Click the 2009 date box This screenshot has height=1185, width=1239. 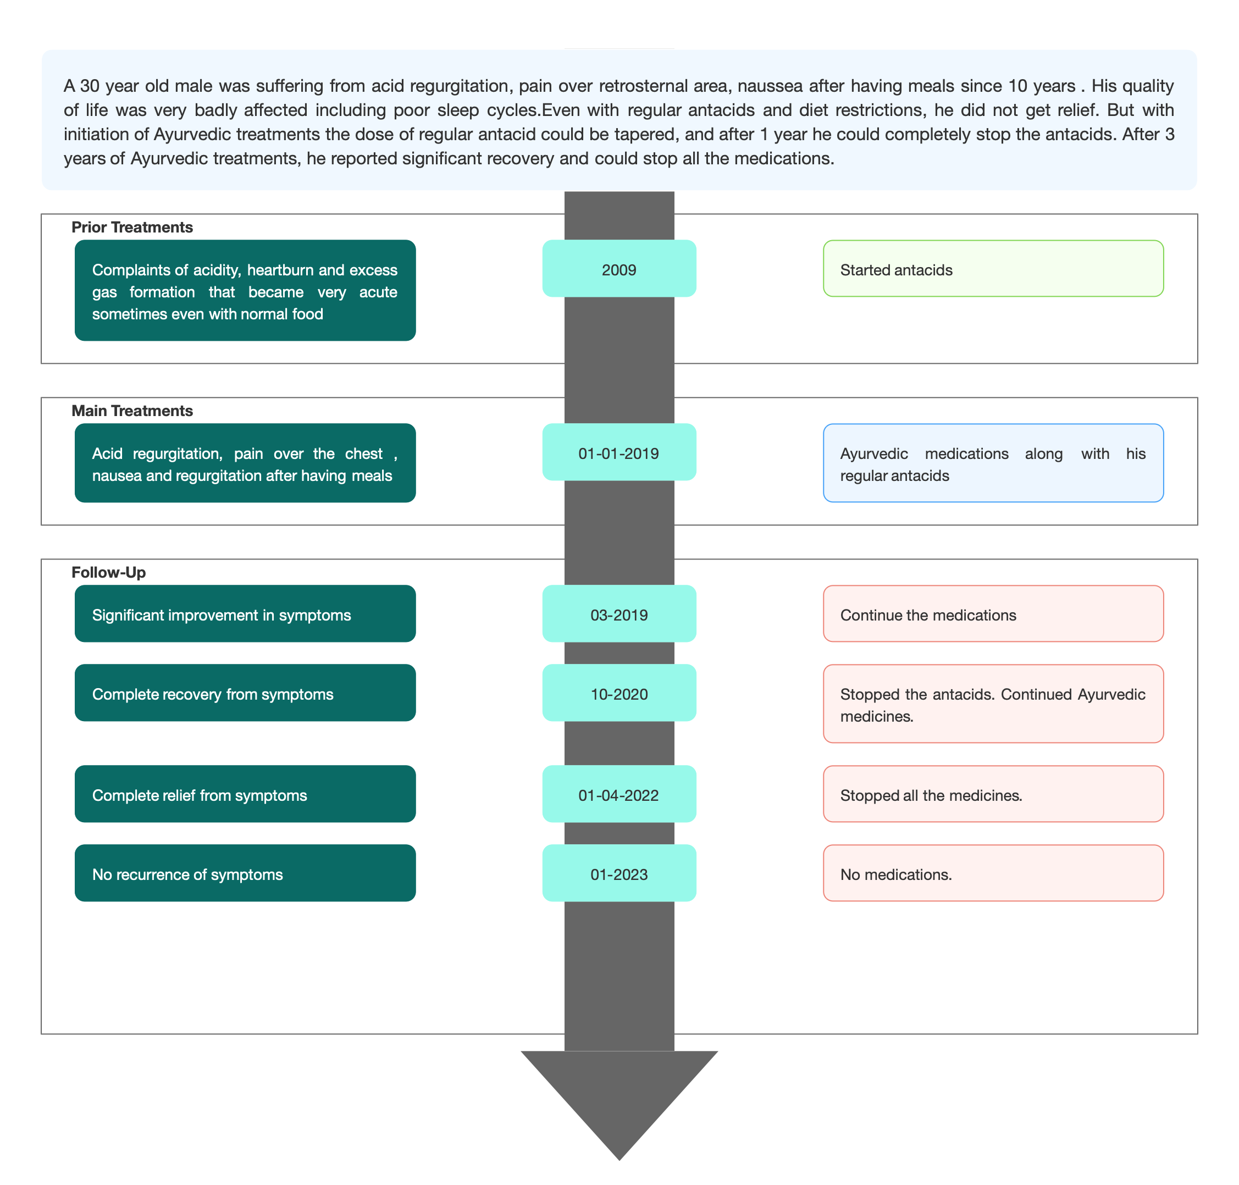click(618, 268)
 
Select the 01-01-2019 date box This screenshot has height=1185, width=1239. click(618, 452)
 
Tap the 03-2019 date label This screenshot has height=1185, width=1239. click(618, 615)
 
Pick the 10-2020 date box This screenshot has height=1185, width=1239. click(618, 693)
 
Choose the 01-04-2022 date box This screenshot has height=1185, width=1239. click(618, 794)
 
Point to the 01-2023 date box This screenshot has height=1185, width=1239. click(618, 873)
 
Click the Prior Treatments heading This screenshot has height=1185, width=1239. click(132, 228)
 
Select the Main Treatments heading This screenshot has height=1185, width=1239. click(132, 411)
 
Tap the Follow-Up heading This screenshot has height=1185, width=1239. click(109, 573)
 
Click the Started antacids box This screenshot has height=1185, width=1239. click(993, 268)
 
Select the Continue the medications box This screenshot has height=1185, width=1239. click(993, 614)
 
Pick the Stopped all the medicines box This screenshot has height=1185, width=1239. click(993, 794)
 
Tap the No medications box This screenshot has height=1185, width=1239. click(993, 873)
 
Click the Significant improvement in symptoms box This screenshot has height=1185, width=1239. click(245, 614)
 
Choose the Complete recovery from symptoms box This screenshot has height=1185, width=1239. click(245, 693)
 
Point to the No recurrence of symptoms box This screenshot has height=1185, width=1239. click(245, 873)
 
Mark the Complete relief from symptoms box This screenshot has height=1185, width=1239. click(245, 794)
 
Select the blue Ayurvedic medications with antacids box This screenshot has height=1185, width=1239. click(993, 463)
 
